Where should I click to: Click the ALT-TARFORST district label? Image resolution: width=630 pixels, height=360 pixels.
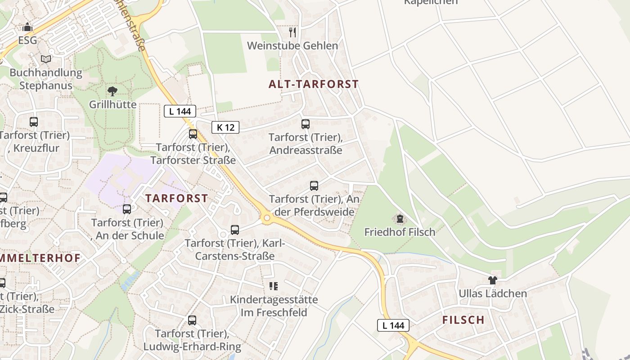(314, 84)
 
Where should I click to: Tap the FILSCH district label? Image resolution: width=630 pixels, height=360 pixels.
(463, 320)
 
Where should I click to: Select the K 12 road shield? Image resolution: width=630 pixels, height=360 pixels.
(225, 127)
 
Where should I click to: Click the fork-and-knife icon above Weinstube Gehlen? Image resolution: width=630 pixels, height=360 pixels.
(292, 32)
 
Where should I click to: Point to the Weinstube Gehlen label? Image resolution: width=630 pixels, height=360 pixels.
(292, 46)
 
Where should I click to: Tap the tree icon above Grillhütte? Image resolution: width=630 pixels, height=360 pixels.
(112, 91)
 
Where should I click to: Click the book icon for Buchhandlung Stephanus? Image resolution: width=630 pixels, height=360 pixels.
(46, 59)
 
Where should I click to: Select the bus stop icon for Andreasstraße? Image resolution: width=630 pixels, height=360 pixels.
(306, 124)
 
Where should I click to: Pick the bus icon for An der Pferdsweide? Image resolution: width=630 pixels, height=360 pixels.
(314, 185)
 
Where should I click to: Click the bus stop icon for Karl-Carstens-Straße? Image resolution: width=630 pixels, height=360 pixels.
(235, 230)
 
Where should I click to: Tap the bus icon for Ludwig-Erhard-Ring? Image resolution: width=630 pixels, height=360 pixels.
(192, 320)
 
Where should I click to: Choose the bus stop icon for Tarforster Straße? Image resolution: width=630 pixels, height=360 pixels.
(193, 134)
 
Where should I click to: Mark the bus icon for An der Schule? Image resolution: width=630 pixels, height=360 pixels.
(127, 209)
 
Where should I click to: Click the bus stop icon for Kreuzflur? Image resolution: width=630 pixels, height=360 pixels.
(34, 122)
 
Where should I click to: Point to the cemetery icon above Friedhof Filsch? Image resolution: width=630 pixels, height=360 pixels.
(400, 219)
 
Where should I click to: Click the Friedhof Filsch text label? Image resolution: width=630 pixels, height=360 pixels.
(400, 232)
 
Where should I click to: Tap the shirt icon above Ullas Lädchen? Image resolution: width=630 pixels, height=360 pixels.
(492, 280)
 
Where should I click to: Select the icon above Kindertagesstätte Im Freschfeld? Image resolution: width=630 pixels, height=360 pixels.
(274, 286)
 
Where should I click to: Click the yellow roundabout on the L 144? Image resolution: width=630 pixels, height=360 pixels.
(267, 218)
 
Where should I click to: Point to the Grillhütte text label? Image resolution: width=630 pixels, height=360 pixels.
(112, 105)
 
